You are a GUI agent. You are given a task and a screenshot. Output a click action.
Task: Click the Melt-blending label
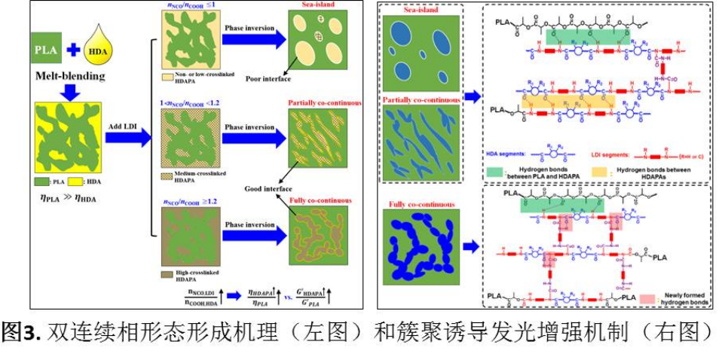pyautogui.click(x=69, y=78)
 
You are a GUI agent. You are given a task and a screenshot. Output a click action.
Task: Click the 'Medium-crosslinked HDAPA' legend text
pyautogui.click(x=187, y=175)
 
